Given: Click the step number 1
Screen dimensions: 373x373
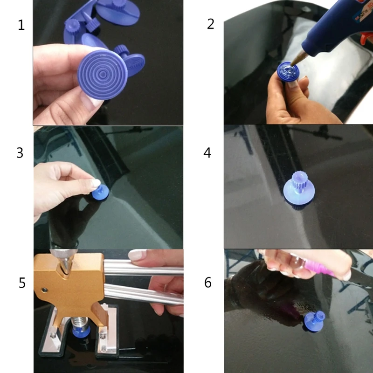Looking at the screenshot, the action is pos(21,25).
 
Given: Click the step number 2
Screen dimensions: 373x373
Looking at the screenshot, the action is pos(211,24).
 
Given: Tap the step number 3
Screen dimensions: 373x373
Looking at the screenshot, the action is pos(20,153).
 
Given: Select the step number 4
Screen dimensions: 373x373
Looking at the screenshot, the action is pos(207,153).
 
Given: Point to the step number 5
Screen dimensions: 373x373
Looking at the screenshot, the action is pos(22,283).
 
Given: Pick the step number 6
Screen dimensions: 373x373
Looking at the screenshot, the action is pos(207,283).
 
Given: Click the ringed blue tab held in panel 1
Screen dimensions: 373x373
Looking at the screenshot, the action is pos(103,75).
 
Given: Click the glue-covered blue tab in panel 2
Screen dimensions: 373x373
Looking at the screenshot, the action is pos(288,71).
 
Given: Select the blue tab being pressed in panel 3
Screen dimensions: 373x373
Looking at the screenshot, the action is pos(101,192).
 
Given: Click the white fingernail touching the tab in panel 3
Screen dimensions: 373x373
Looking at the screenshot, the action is pos(96,183).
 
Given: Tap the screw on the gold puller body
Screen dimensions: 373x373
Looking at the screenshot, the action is pos(44,290).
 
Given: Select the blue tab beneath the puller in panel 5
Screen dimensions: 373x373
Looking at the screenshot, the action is pos(81,332).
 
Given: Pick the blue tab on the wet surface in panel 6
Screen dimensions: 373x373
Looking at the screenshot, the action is pos(314,321).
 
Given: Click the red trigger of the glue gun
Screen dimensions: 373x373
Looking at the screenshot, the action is pos(366,38).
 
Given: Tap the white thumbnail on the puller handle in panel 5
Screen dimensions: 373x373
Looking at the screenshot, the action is pos(137,255).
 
